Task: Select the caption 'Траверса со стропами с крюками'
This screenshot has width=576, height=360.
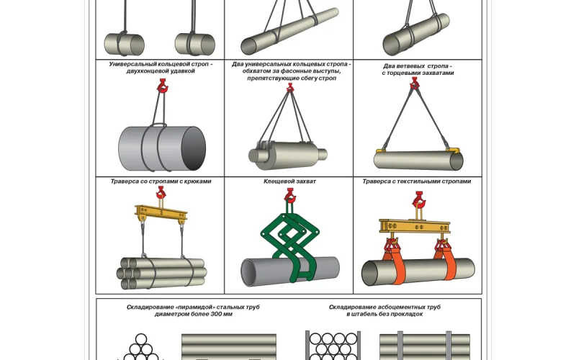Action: click(x=161, y=181)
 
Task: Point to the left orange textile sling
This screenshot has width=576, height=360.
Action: click(x=393, y=258)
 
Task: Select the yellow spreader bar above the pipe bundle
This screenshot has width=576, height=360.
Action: click(x=161, y=214)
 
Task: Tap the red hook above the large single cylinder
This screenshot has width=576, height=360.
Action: click(x=162, y=88)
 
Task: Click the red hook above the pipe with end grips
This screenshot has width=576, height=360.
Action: click(x=415, y=86)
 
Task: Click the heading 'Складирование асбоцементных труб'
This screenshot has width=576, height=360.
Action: click(x=384, y=307)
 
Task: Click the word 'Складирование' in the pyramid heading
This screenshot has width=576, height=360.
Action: click(x=147, y=307)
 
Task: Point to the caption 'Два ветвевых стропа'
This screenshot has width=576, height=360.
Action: click(x=418, y=66)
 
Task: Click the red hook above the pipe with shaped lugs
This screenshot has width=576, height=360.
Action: click(x=290, y=87)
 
